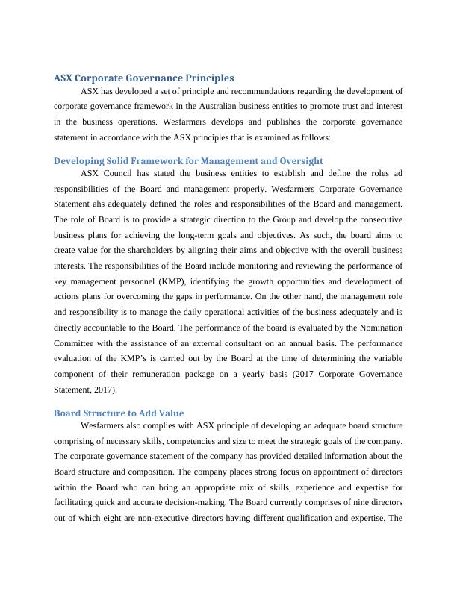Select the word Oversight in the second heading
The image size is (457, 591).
pos(294,160)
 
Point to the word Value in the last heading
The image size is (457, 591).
pos(169,413)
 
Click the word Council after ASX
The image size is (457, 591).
pos(117,173)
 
